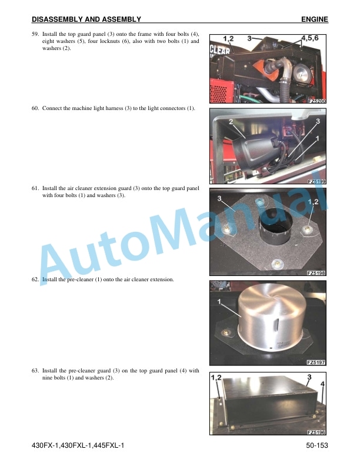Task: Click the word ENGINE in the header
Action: pos(315,19)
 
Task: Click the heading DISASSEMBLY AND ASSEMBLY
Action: pos(86,19)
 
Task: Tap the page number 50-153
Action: pos(317,445)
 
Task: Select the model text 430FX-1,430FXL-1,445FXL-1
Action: pos(78,445)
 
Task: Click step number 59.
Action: pos(35,34)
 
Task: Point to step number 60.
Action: pos(35,108)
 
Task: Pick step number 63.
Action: pos(35,371)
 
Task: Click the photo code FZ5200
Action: pos(317,101)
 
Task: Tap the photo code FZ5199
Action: pos(316,181)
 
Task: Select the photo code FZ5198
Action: pos(316,273)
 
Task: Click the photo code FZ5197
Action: pos(316,362)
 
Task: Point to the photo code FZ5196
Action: pos(316,432)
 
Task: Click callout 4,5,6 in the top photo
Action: pos(310,38)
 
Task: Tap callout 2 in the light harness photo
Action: pos(231,121)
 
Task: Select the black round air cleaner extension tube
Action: pos(276,226)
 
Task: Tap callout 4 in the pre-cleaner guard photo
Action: pos(322,384)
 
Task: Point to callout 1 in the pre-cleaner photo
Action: pos(219,302)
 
